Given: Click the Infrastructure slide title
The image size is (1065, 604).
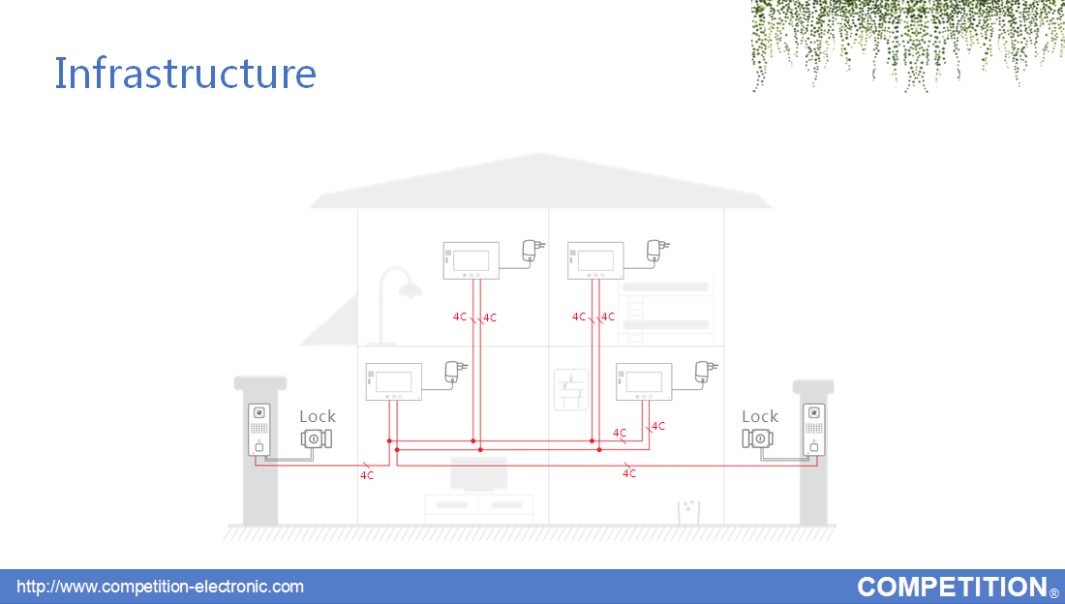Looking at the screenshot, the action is point(185,73).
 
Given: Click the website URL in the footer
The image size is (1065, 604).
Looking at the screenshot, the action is point(161,587).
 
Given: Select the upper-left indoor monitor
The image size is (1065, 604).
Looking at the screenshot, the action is point(472,260).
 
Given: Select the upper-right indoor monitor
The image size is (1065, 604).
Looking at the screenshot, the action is point(595,260).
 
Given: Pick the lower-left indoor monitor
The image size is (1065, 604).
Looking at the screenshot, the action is point(394,381).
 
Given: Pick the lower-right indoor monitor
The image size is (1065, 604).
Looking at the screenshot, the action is point(644,381).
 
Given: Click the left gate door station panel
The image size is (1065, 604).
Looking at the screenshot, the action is point(259,430).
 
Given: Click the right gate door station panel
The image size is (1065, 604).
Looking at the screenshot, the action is point(814,430).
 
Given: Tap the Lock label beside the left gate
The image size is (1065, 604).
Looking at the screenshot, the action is point(318,416).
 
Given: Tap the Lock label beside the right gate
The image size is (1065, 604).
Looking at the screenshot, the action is point(759,416).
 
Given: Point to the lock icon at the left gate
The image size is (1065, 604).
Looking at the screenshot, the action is point(317,438).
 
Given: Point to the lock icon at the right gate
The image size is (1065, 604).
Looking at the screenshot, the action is point(757,438).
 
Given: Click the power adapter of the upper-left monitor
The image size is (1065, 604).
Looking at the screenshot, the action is point(532,251).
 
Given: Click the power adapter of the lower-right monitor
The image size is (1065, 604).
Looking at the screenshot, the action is point(704,373).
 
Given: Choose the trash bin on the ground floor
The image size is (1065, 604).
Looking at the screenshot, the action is point(688,512).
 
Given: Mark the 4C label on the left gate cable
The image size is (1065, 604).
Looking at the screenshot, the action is point(367,475).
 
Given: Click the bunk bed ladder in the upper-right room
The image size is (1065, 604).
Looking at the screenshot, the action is point(635,313).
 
